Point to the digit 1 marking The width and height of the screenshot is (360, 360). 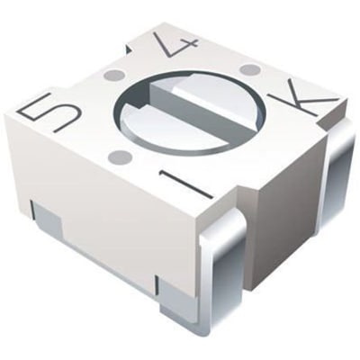point(186,184)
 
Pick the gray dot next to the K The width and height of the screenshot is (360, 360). point(250,69)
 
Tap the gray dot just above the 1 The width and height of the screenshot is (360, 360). point(121,157)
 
